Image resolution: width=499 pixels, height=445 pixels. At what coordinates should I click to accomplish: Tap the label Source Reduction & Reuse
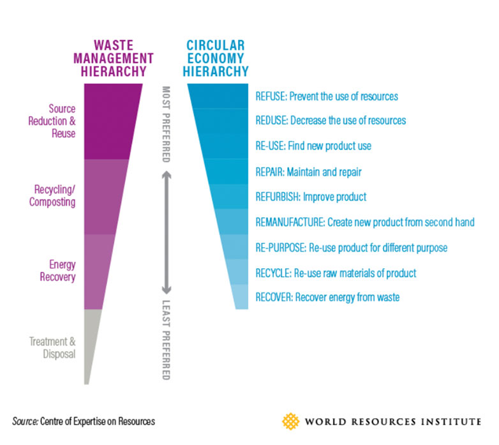pos(52,121)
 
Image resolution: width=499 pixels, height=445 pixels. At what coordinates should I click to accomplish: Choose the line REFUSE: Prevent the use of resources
pos(326,96)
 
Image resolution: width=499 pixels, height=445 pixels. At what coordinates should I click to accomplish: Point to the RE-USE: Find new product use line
pos(313,146)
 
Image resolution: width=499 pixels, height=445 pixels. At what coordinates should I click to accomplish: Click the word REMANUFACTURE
pos(290,222)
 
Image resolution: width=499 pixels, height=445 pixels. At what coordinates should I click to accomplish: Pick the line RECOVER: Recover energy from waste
pos(327,297)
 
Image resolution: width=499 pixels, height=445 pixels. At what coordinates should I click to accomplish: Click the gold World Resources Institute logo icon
pos(291,421)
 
